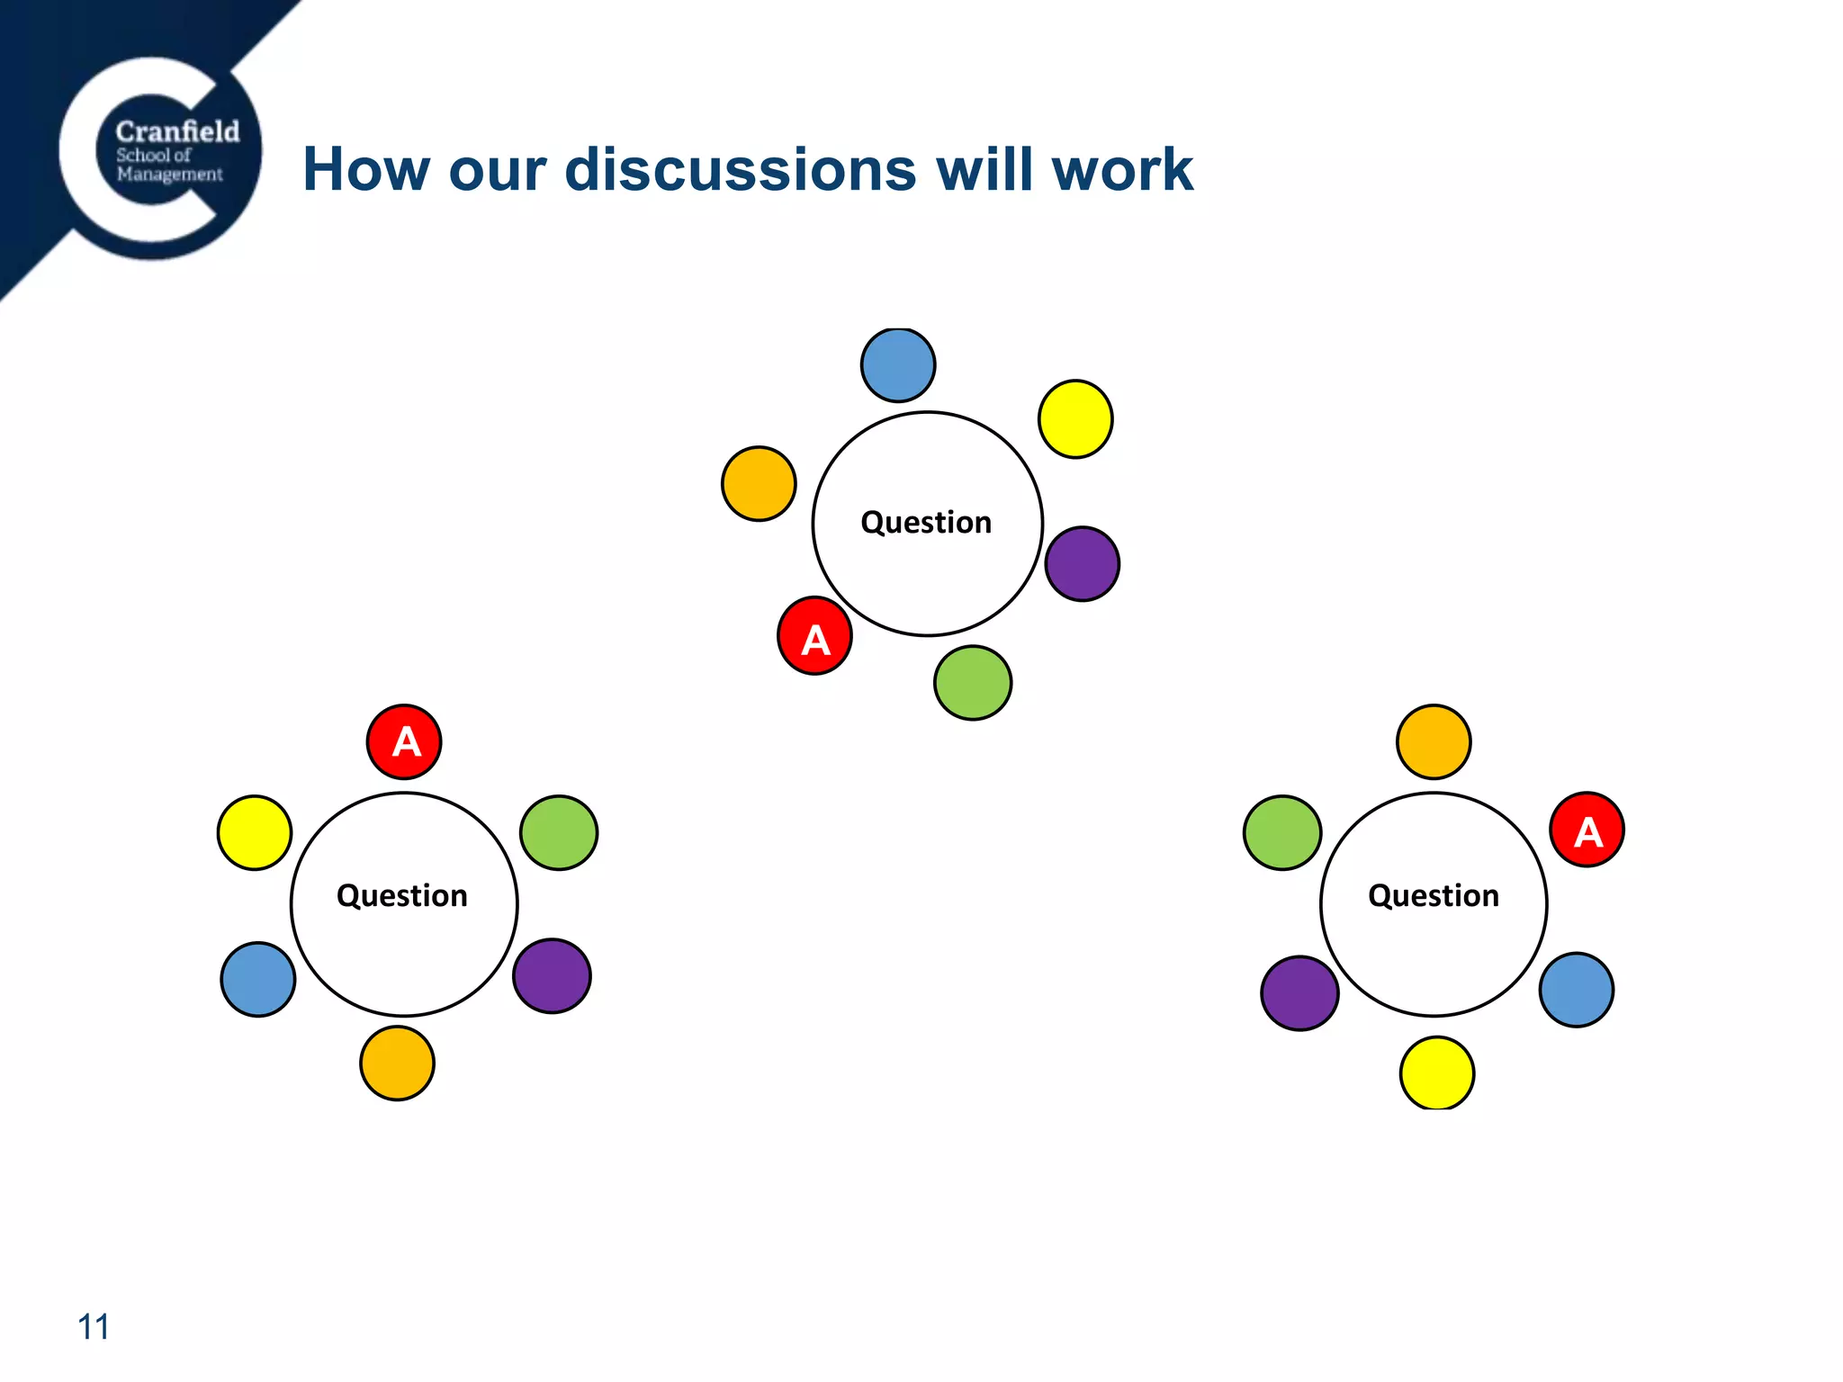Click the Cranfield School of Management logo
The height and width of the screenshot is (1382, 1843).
tap(160, 153)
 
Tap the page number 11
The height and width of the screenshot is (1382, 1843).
tap(94, 1327)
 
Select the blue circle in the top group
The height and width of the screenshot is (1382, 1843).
tap(898, 365)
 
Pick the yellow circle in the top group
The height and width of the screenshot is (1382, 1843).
tap(1075, 419)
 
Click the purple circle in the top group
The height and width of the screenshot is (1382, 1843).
tap(1083, 564)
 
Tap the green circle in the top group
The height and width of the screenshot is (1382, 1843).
tap(973, 683)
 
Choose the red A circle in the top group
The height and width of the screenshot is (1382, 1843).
tap(814, 636)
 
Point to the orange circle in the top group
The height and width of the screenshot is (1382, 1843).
tap(759, 484)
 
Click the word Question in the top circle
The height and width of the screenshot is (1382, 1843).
tap(926, 523)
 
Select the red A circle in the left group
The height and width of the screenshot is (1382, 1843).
tap(404, 742)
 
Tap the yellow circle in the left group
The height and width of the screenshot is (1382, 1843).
tap(255, 833)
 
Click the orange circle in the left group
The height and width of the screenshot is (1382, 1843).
tap(397, 1063)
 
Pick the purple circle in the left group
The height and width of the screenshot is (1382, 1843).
tap(552, 976)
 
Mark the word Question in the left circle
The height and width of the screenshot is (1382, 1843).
tap(402, 896)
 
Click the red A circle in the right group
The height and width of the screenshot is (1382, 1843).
tap(1587, 830)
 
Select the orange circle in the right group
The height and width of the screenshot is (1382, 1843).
tap(1434, 742)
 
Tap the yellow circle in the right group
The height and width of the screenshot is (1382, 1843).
tap(1437, 1073)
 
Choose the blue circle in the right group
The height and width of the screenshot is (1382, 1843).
tap(1577, 990)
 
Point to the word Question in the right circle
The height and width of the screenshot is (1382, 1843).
tap(1434, 896)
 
